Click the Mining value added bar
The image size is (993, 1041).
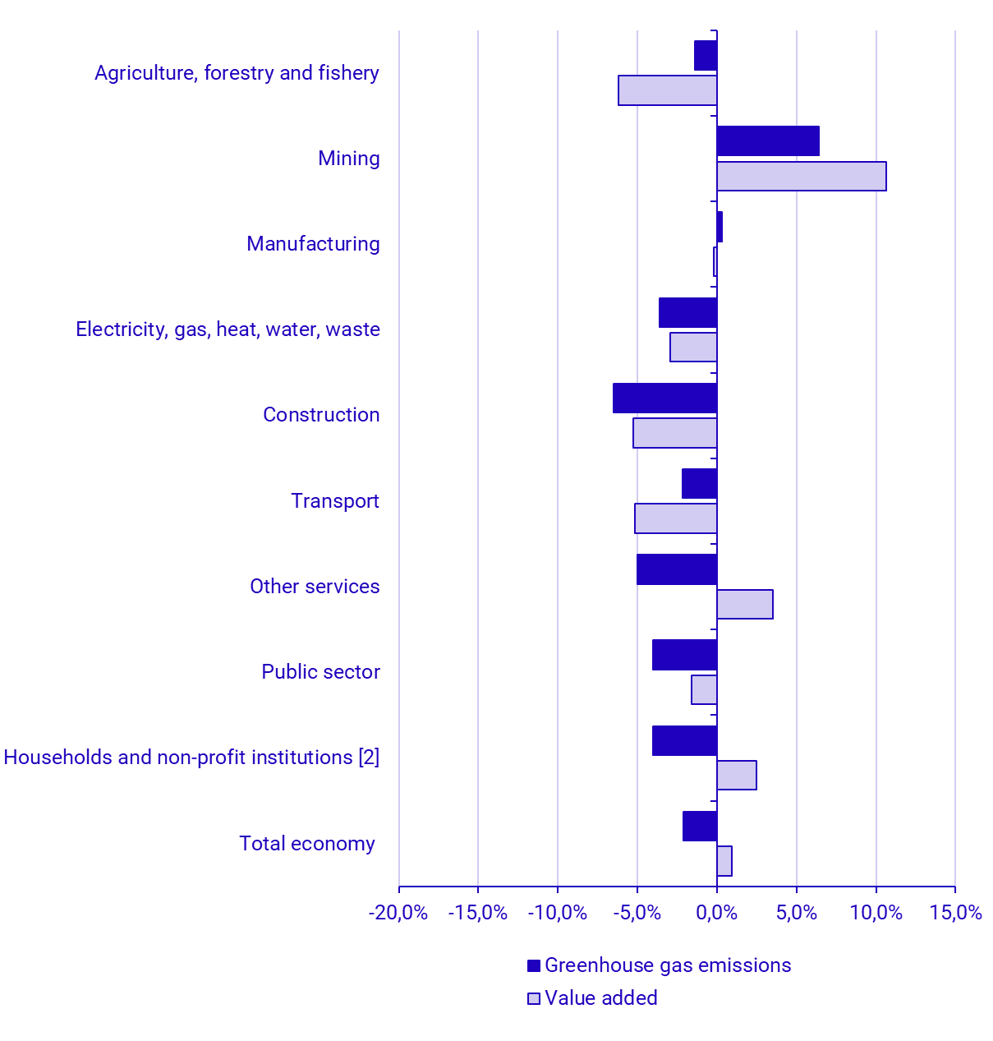801,176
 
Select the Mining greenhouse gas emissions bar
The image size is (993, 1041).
768,140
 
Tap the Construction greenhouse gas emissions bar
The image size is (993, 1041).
664,398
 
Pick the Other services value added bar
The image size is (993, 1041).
745,604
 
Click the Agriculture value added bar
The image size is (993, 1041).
668,90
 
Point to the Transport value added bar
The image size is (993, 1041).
676,518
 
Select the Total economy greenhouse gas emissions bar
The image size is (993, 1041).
700,826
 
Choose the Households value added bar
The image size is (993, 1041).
737,775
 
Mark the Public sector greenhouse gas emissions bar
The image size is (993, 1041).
684,655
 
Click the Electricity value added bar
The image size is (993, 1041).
693,347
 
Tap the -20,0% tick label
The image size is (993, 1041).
398,913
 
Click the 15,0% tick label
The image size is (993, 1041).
956,913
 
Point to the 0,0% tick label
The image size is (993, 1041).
716,913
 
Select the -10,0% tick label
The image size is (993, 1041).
558,913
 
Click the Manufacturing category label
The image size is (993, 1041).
313,244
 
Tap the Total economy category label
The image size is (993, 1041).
307,844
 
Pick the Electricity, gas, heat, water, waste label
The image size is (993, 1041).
228,329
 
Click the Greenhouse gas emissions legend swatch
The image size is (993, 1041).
534,965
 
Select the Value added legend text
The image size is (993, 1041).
601,998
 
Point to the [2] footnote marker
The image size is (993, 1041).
369,758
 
